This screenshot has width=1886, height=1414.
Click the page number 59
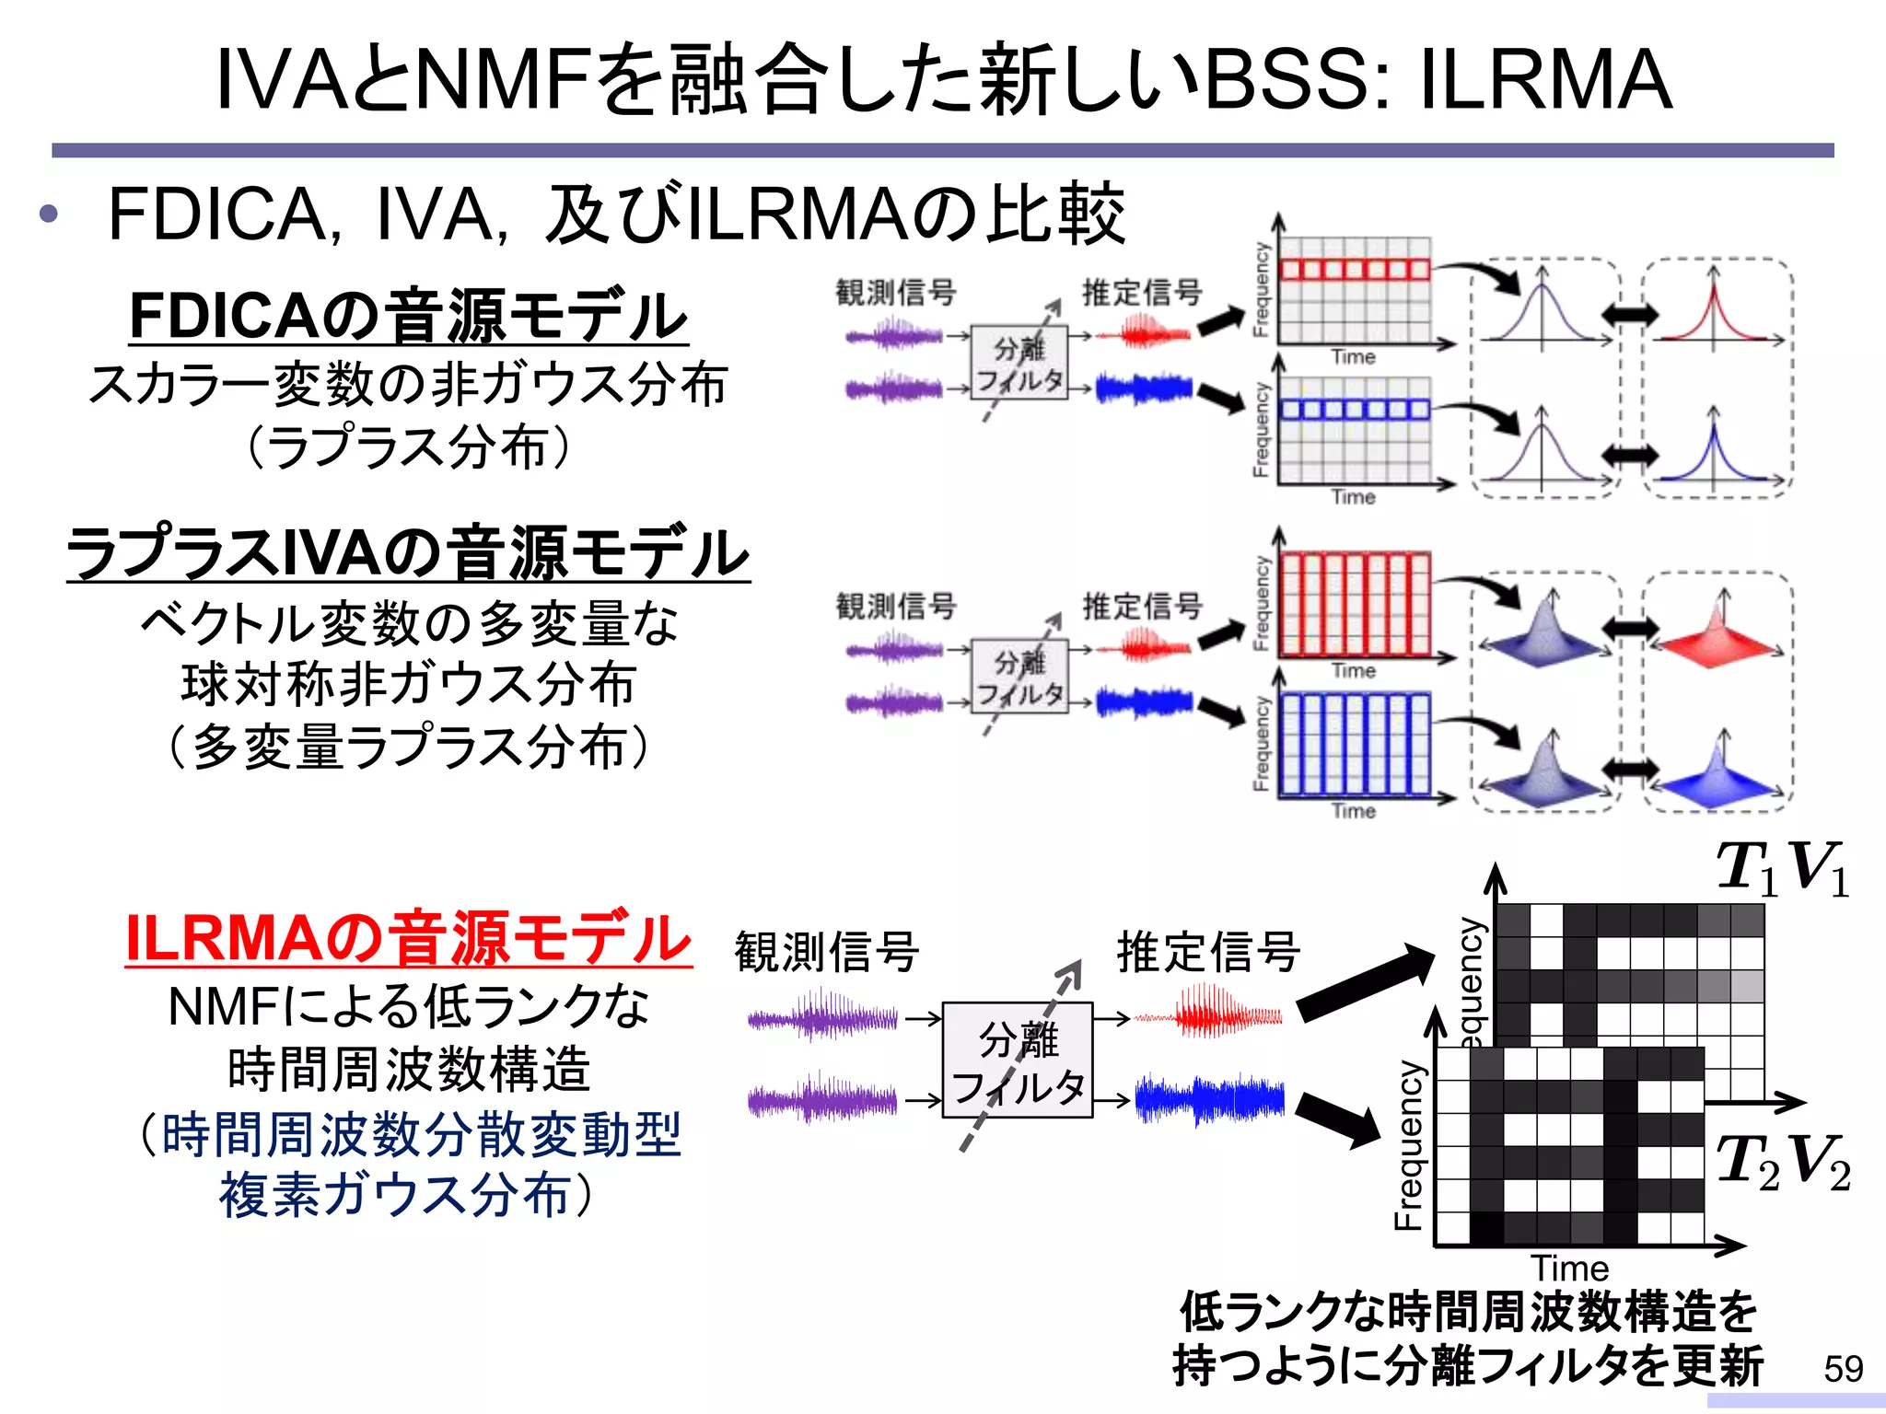coord(1843,1369)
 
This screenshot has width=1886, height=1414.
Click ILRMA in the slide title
coord(1544,80)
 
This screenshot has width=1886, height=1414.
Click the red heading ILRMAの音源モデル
coord(408,939)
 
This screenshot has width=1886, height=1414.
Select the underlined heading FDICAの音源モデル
coord(408,316)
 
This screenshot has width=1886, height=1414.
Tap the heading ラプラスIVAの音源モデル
coord(408,553)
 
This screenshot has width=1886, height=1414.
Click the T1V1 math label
coord(1783,868)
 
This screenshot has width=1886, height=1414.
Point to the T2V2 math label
coord(1783,1162)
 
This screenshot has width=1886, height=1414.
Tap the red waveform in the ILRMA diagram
coord(1208,1013)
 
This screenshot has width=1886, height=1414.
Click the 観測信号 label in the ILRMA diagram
coord(826,952)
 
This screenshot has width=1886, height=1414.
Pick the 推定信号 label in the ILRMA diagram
coord(1208,952)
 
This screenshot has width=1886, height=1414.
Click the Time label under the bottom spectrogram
coord(1569,1269)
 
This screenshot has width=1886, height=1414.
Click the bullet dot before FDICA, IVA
coord(49,215)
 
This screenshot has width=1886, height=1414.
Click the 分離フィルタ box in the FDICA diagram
coord(1019,363)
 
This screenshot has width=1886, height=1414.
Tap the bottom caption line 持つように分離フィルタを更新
coord(1467,1365)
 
